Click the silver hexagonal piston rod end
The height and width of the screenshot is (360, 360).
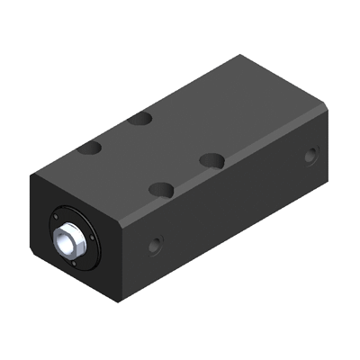click(x=67, y=240)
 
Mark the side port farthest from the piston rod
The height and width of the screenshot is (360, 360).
click(x=310, y=156)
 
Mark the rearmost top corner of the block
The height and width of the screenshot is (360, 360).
click(x=240, y=57)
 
